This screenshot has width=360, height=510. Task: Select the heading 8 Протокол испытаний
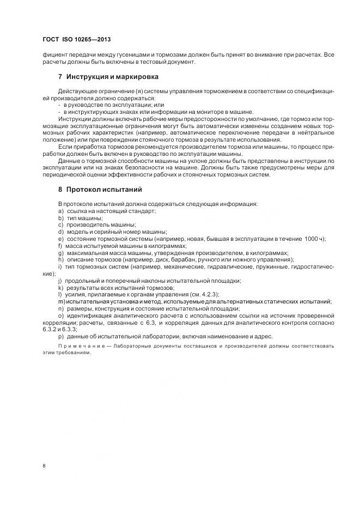(x=103, y=190)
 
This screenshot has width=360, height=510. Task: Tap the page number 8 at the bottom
(x=44, y=465)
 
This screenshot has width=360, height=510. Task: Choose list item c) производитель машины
(x=96, y=224)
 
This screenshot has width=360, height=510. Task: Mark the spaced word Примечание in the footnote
(x=80, y=346)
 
